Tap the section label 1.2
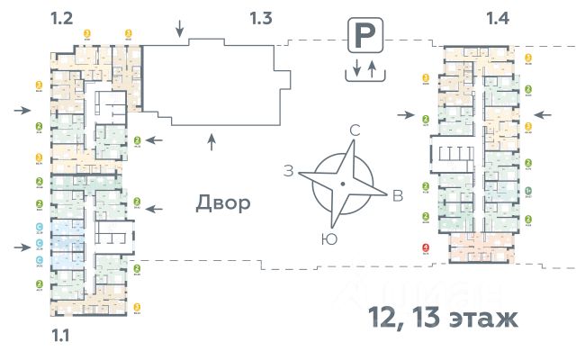61,17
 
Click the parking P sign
364,38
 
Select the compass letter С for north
355,131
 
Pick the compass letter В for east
397,197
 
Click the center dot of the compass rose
343,184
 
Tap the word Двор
223,202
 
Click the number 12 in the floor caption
384,318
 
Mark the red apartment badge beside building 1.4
426,248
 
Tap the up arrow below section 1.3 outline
212,139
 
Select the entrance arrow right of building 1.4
543,114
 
